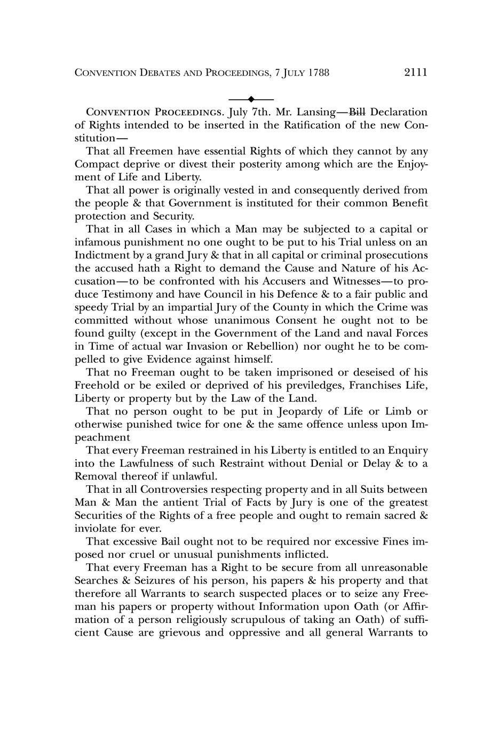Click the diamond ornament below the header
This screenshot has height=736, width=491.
pyautogui.click(x=250, y=99)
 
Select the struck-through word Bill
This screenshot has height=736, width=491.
pyautogui.click(x=357, y=112)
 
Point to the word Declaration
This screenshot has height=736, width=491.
pyautogui.click(x=399, y=112)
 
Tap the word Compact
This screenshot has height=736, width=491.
pyautogui.click(x=98, y=164)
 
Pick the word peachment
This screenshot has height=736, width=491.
pyautogui.click(x=102, y=437)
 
